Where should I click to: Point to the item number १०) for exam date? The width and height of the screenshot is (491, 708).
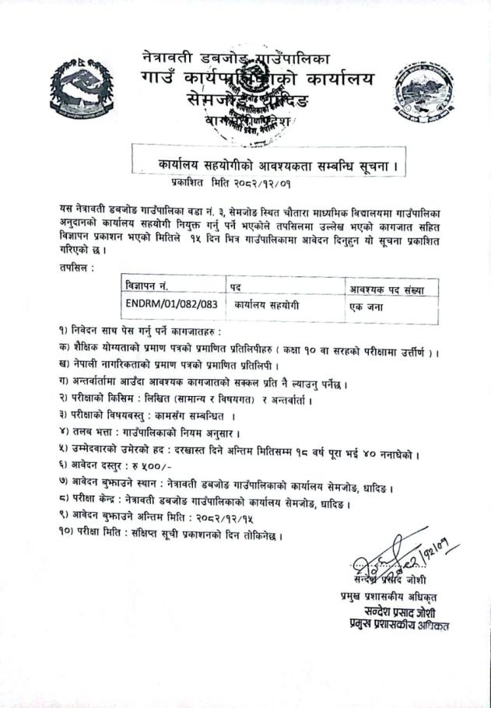click(67, 536)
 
